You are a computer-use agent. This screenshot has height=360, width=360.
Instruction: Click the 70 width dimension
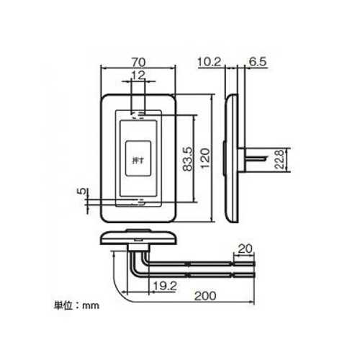click(x=139, y=63)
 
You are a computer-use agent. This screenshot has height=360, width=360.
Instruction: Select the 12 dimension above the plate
click(x=138, y=76)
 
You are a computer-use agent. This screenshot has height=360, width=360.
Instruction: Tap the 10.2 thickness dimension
click(x=210, y=62)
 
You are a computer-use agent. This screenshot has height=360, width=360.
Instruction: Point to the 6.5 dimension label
click(x=258, y=62)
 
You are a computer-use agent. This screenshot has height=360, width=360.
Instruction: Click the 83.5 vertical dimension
click(x=188, y=159)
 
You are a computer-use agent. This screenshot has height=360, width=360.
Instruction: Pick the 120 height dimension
click(x=205, y=158)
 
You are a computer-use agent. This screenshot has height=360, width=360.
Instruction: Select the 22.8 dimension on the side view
click(x=279, y=160)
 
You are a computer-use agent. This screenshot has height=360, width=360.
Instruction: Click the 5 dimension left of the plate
click(x=81, y=191)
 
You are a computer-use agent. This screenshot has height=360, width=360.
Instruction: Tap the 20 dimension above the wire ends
click(x=245, y=249)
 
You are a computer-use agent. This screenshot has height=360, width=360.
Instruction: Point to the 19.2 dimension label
click(x=165, y=286)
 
